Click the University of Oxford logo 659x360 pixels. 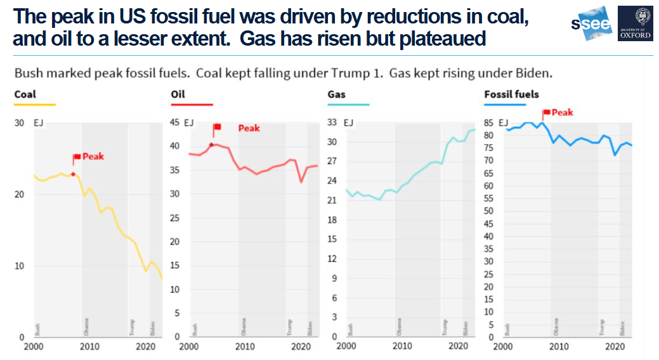tap(635, 23)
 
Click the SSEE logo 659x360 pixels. tap(592, 24)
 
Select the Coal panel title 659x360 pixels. tap(24, 94)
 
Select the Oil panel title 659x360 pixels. tap(178, 94)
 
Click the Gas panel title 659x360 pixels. tap(336, 94)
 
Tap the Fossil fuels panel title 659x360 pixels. tap(511, 94)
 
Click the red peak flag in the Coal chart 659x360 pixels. tap(77, 157)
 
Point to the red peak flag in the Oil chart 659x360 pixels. tap(217, 127)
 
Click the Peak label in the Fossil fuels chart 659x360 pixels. tap(562, 112)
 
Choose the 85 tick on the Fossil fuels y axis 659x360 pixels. tap(488, 123)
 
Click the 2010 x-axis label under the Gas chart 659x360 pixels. tap(401, 347)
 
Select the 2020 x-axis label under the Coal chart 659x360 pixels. tap(145, 347)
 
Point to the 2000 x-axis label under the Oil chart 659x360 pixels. tap(189, 347)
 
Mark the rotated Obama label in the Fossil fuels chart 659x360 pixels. tap(556, 326)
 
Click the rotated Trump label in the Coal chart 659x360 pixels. tap(132, 327)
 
